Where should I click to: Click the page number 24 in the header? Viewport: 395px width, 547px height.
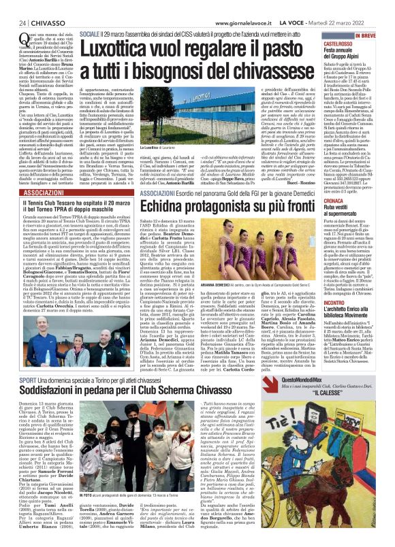(13, 22)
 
